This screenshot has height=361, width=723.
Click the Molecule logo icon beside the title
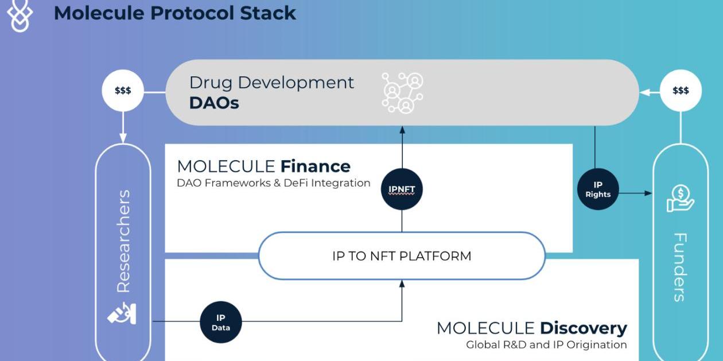click(20, 15)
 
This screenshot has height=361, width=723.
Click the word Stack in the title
click(268, 13)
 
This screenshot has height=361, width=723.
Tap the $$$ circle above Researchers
click(123, 91)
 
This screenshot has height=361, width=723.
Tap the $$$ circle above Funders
click(681, 91)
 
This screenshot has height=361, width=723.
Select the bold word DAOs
click(214, 103)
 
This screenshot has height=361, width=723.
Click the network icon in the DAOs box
click(402, 93)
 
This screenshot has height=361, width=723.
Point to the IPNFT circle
click(402, 189)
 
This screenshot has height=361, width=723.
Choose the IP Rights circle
click(598, 189)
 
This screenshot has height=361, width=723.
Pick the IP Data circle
click(221, 322)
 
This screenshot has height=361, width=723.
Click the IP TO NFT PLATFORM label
click(402, 256)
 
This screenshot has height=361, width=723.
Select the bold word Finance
click(316, 166)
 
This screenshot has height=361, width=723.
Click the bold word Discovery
click(584, 328)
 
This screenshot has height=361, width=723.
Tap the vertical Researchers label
click(123, 241)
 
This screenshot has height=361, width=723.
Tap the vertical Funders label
click(680, 267)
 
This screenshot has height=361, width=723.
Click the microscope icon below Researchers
click(122, 313)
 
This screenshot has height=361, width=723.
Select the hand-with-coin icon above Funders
click(681, 198)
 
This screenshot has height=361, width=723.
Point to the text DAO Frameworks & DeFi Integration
click(273, 183)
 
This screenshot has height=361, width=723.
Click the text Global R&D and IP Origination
click(546, 345)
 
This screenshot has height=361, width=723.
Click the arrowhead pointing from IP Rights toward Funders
click(648, 193)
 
